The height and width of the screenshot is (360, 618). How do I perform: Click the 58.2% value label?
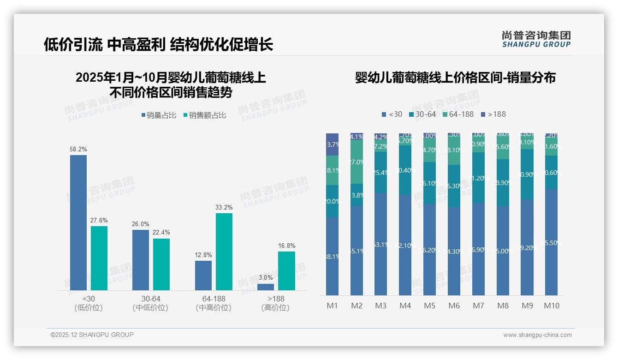(78, 150)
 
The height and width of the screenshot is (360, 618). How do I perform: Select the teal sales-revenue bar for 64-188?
(224, 252)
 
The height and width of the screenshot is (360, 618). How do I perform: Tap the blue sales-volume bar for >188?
(266, 287)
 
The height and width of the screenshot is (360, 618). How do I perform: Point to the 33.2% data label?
(224, 208)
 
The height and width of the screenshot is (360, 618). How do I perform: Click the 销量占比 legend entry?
(159, 115)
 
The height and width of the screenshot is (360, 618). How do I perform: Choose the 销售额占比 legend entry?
(205, 115)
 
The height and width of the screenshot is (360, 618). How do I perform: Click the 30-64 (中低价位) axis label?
(151, 303)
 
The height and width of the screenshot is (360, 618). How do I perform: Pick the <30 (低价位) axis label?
(89, 303)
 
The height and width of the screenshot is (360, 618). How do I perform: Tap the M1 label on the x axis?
(333, 306)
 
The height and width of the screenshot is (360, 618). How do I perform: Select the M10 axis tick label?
(552, 306)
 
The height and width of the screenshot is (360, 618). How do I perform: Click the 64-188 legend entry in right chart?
(458, 114)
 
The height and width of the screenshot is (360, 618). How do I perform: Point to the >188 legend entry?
(493, 114)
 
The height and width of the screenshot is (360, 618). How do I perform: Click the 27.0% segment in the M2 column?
(357, 162)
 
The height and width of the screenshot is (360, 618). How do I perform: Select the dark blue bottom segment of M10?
(552, 242)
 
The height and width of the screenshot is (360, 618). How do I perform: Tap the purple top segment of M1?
(333, 144)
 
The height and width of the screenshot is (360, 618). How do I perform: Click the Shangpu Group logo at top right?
(536, 39)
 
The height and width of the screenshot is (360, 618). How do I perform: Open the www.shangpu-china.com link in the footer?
(537, 335)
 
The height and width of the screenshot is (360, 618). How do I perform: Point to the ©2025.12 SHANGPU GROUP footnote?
(92, 335)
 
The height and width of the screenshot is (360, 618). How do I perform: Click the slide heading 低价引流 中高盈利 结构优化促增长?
(159, 44)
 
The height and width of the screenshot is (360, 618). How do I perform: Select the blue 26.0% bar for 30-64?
(141, 260)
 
